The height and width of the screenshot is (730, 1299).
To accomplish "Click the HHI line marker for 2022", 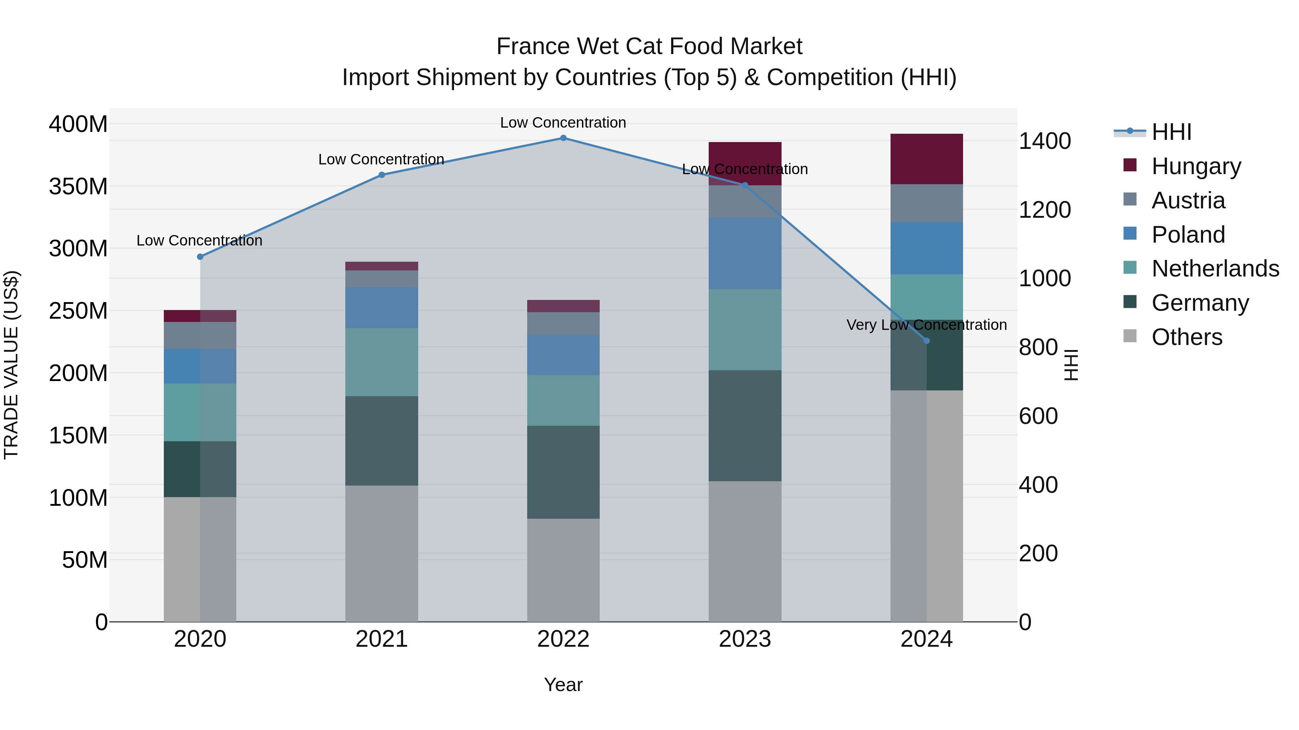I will tap(563, 138).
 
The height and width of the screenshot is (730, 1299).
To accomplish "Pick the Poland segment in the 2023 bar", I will tap(745, 253).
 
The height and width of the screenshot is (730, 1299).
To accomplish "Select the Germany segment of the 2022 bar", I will tap(563, 472).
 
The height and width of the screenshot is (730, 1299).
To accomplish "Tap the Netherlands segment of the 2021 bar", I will tap(382, 362).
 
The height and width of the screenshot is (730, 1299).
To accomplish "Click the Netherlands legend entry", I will tap(1215, 269).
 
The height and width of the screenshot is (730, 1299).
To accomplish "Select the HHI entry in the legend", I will tap(1171, 132).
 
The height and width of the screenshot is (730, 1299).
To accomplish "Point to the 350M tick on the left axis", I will tap(78, 186).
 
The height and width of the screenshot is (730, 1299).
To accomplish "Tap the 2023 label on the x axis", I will tap(745, 639).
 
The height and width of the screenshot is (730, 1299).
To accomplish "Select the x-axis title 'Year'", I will tap(563, 685).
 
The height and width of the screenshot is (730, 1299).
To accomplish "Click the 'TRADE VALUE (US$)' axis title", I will tap(11, 365).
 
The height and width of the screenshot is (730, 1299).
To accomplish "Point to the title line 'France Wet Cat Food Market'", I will tap(649, 47).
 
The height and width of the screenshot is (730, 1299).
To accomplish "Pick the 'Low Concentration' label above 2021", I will tap(381, 159).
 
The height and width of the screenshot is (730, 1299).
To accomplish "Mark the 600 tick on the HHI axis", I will tap(1038, 416).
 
